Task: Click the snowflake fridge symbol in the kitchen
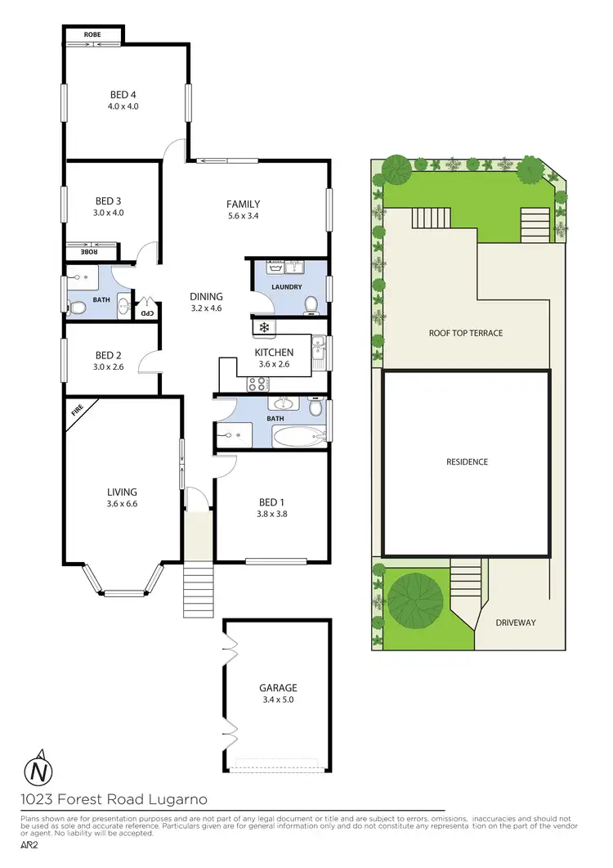pos(263,328)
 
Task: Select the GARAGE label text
pos(279,688)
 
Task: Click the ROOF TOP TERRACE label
pos(466,333)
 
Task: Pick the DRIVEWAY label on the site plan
pos(516,623)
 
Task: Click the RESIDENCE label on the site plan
pos(467,461)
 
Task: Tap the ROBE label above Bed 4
pos(92,34)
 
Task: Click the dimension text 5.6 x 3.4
pos(243,217)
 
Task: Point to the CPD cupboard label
pos(146,313)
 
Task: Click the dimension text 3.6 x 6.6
pos(122,504)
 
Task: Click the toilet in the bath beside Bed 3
pos(78,308)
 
